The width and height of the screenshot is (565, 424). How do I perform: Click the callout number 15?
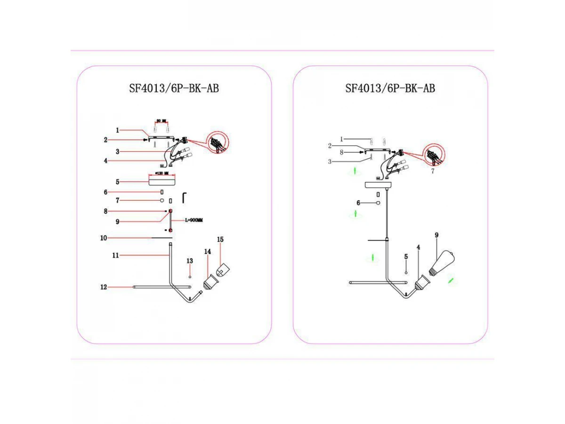pos(220,240)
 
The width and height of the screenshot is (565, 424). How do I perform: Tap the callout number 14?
pos(207,252)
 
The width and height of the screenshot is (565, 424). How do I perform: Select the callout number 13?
pos(190,261)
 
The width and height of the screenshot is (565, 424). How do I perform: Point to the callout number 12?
pos(104,286)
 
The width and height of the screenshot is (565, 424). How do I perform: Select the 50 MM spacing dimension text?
pos(161,122)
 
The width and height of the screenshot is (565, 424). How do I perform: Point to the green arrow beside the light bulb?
pos(452,281)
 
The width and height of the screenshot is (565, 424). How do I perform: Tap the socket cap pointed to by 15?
pos(222,270)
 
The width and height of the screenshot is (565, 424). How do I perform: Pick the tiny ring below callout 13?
pos(190,277)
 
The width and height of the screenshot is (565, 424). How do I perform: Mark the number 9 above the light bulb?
pos(436,235)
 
